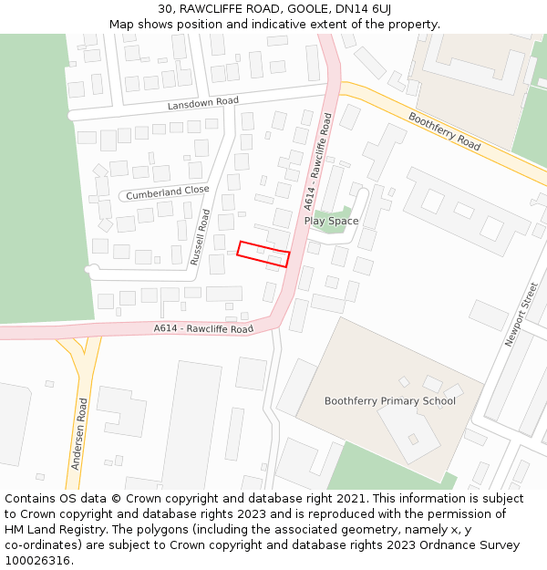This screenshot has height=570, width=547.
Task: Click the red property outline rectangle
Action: point(263,254)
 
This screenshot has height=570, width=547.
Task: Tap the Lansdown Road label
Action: point(202,104)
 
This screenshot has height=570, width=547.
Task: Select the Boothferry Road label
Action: point(444,131)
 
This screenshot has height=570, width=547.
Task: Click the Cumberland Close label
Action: point(167,192)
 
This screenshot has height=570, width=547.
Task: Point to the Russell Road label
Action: point(200,237)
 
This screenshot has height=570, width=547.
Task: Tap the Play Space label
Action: point(331,221)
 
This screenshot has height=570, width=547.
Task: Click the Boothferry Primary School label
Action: point(389,401)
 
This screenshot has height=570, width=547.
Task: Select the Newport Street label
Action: point(522,315)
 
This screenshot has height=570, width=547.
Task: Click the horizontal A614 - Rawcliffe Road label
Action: point(202,328)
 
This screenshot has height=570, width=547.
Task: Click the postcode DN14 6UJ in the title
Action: point(366,8)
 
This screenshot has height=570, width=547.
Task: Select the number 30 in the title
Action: point(164,8)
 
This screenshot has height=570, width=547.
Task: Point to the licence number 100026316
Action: point(38,561)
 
